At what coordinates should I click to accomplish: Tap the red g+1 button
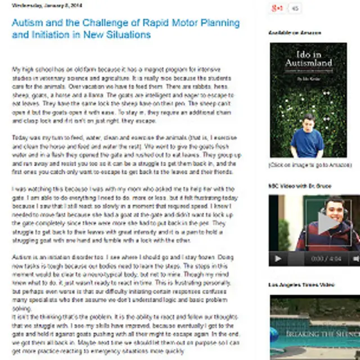(277, 8)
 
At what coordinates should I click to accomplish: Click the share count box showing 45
(295, 8)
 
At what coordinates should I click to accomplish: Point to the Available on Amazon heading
(295, 33)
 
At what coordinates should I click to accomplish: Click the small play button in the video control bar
(277, 259)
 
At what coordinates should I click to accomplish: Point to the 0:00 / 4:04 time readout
(326, 259)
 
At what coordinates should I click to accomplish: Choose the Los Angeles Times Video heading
(301, 285)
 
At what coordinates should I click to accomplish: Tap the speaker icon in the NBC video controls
(355, 259)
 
